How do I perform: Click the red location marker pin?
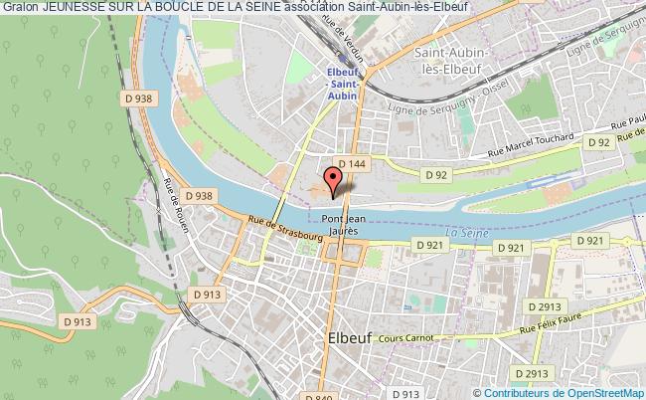point(334,179)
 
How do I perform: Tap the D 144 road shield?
point(351,163)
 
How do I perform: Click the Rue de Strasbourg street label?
point(284,229)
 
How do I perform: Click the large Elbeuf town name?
point(349,338)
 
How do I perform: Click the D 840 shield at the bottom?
point(324,396)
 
